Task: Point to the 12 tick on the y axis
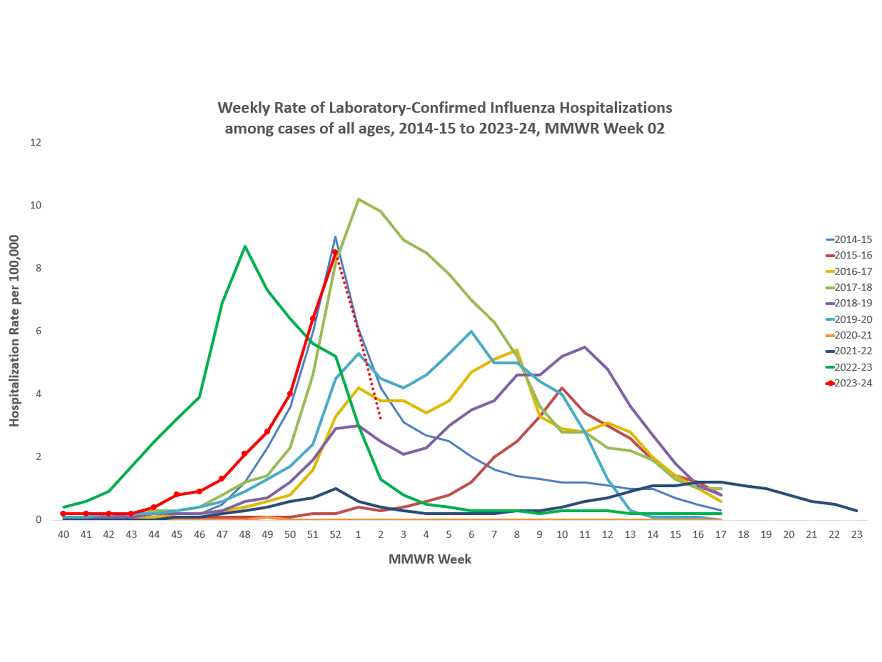click(x=36, y=142)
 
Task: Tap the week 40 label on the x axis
click(x=63, y=534)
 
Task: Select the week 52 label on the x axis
click(x=335, y=534)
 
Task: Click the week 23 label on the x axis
click(x=857, y=534)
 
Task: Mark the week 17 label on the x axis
click(x=721, y=534)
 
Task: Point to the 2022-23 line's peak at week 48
click(x=245, y=246)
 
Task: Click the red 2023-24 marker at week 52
click(x=335, y=252)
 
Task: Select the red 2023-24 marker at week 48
click(x=245, y=454)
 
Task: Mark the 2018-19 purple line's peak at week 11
click(x=584, y=347)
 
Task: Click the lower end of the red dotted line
click(x=381, y=418)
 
